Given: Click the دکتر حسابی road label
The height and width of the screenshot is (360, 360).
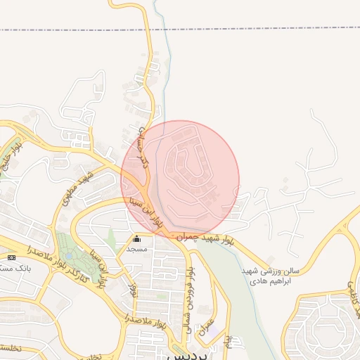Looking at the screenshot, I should coord(141,144).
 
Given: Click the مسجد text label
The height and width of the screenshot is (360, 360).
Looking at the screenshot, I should coord(136,249).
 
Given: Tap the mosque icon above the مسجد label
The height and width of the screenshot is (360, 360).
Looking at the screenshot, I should coord(136,239).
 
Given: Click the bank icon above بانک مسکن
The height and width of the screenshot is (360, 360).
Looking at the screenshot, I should coord(11,257).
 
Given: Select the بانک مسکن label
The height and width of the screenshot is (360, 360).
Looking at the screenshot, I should coord(17,268).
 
